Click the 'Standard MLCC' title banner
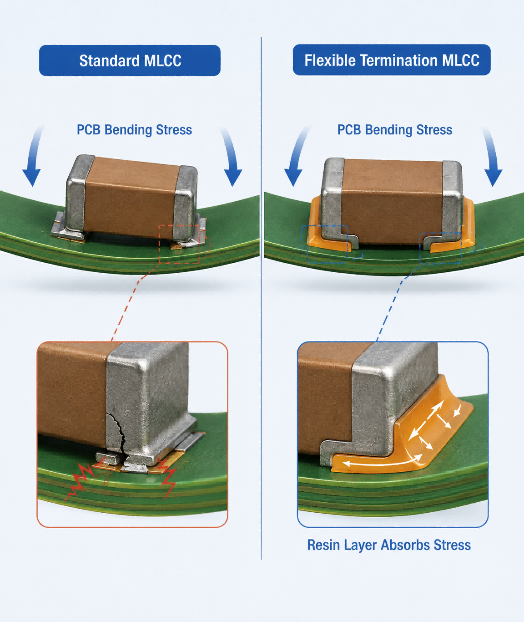tap(130, 61)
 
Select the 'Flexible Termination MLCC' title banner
tap(392, 60)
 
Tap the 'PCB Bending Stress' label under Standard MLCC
tap(134, 130)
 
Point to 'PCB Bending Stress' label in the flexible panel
tap(394, 130)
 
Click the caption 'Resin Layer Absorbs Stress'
tap(389, 545)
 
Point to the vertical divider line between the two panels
tap(261, 298)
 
